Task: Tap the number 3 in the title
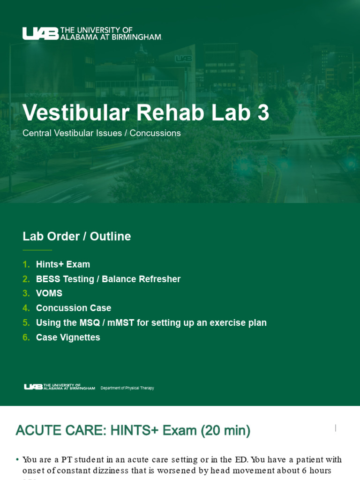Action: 263,113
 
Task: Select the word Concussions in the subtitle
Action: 155,133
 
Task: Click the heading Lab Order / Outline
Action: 76,236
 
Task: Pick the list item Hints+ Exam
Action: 63,264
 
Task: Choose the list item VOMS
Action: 49,293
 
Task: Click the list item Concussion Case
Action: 74,308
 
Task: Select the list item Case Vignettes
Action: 68,337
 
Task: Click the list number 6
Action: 26,337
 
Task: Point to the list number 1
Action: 26,264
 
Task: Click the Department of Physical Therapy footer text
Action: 127,388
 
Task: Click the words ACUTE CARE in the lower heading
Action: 60,430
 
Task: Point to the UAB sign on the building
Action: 183,59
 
